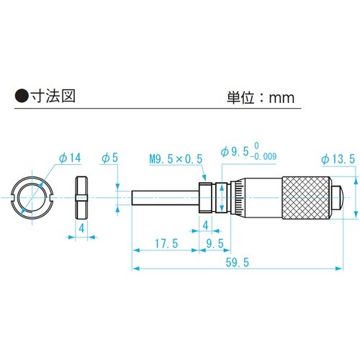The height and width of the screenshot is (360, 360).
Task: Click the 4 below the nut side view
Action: point(81,228)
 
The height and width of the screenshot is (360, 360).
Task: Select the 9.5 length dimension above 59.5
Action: point(215,244)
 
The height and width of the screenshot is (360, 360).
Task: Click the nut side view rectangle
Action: point(81,197)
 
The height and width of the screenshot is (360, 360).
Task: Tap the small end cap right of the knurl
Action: point(337,197)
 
